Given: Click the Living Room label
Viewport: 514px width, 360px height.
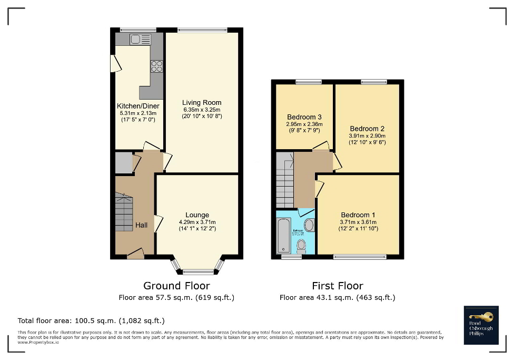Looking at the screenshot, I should pyautogui.click(x=202, y=103).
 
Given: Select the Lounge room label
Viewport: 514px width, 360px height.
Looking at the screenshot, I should pyautogui.click(x=197, y=215).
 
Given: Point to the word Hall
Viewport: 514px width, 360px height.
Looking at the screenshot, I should pyautogui.click(x=142, y=225).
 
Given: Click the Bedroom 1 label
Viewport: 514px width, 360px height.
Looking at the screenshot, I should pyautogui.click(x=358, y=215).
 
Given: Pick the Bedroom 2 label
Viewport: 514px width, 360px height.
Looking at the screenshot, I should pyautogui.click(x=367, y=129).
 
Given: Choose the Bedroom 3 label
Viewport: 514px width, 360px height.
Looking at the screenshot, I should pyautogui.click(x=304, y=117).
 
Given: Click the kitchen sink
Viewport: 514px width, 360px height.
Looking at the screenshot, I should pyautogui.click(x=140, y=38).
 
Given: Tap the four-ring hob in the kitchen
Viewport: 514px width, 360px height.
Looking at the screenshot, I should pyautogui.click(x=157, y=66).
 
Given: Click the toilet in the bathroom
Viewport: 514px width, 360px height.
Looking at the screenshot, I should pyautogui.click(x=301, y=245).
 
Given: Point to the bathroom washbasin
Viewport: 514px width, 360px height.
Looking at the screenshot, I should pyautogui.click(x=309, y=226).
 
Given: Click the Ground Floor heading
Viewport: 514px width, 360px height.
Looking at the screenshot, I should pyautogui.click(x=176, y=286).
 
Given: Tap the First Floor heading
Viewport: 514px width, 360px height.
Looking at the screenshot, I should pyautogui.click(x=337, y=286).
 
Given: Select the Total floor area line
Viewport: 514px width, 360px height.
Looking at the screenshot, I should pyautogui.click(x=92, y=320).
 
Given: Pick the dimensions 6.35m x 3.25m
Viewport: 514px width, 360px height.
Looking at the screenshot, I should pyautogui.click(x=202, y=110).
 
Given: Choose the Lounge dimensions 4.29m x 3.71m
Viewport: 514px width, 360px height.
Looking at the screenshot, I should pyautogui.click(x=197, y=222).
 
